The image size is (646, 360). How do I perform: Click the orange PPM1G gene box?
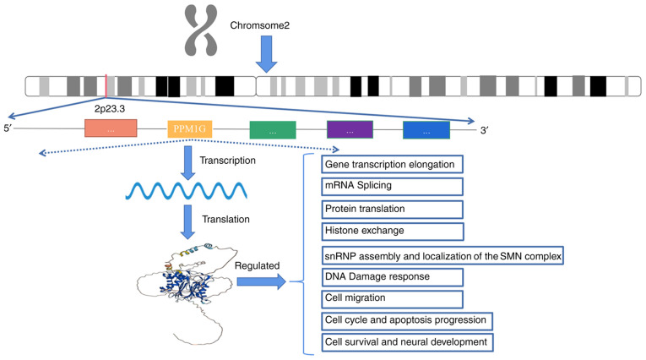coord(189,129)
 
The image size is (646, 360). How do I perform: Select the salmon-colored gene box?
coord(111,128)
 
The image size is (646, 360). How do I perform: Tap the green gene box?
coord(273,130)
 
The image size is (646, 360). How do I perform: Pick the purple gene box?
coord(350,129)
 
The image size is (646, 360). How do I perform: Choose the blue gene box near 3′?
coord(426,130)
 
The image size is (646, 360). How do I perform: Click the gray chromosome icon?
coord(201,30)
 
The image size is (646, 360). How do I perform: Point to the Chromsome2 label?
coord(259,25)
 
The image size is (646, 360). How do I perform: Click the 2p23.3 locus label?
coord(110,109)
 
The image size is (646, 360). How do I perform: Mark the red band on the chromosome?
coord(106,85)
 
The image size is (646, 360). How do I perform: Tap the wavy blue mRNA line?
coord(187,191)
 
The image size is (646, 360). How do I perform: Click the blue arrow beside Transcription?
coord(187,163)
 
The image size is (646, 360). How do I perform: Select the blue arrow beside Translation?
coord(187,222)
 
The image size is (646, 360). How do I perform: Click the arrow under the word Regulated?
coord(262,282)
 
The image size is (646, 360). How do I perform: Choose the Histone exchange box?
coord(393,232)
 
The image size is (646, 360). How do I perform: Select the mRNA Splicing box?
coord(392,187)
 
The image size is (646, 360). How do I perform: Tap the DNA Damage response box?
coord(392,277)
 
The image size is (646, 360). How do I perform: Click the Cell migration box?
coord(392,299)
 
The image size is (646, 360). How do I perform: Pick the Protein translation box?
coord(392,210)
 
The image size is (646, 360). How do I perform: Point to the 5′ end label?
coord(8,128)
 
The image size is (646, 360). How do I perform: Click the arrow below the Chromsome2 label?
coord(267,54)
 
